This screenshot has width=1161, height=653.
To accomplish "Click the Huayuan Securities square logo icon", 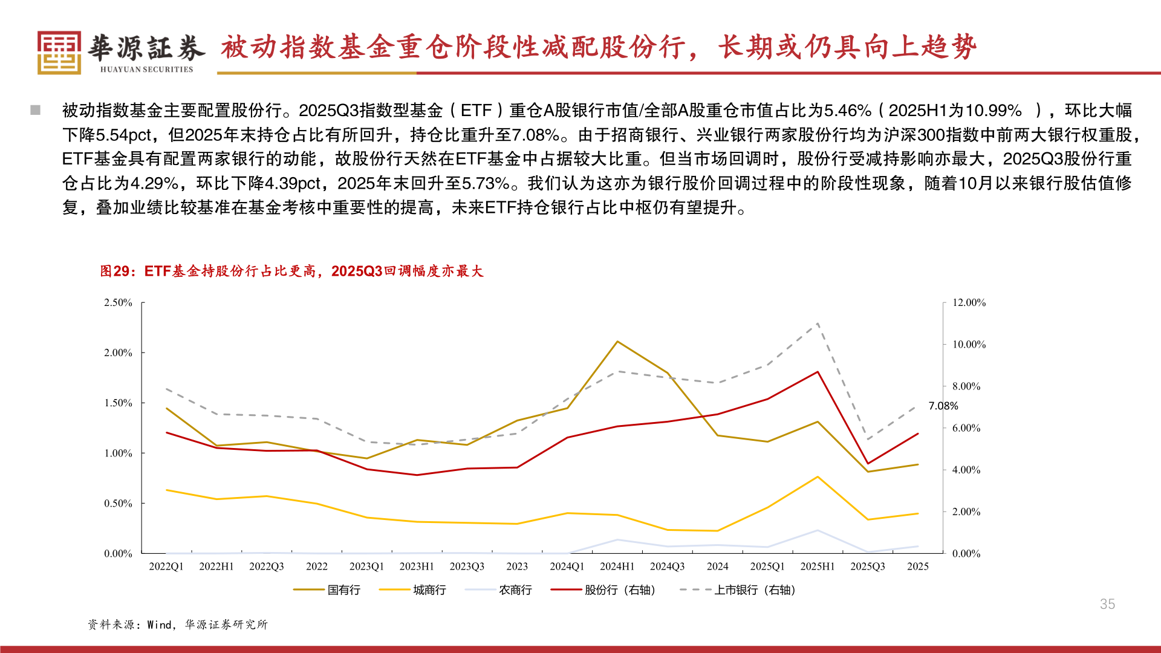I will point(59,53).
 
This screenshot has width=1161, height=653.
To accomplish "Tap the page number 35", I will point(1107,604).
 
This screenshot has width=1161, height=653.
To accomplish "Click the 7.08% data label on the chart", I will point(943,406).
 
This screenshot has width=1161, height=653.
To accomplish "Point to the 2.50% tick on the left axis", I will point(118,302).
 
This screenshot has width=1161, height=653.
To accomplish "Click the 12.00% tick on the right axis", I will point(969,302).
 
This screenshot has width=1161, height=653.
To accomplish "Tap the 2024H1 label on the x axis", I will point(617,567).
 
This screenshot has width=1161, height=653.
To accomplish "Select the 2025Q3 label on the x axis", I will point(867,567).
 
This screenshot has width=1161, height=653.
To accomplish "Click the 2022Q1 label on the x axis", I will point(166,567).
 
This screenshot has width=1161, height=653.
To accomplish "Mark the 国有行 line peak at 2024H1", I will point(617,342).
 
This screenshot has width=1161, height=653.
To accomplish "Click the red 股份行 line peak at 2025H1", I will point(818,372).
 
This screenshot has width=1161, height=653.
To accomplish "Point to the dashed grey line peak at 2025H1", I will point(818,323).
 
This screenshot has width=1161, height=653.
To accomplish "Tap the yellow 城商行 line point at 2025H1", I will point(818,477).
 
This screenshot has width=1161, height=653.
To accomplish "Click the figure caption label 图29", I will point(114,271).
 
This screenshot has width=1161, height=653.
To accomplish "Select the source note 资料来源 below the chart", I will point(111,625).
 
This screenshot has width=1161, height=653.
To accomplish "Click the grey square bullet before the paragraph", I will point(36,110).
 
